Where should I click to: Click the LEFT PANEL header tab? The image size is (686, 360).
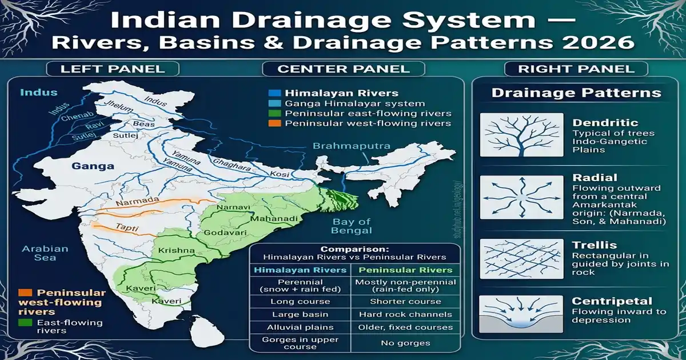click(x=113, y=69)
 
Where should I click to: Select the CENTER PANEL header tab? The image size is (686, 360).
click(x=343, y=69)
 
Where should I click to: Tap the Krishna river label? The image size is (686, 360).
click(x=177, y=250)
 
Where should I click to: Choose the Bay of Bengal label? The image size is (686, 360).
click(x=352, y=226)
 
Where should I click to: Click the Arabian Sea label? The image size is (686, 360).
click(x=45, y=253)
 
